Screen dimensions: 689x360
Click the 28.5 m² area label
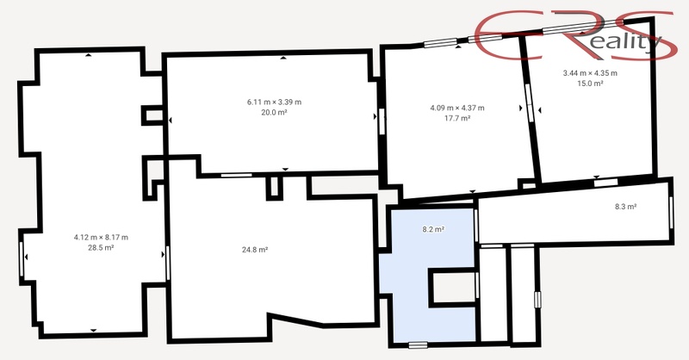tap(101, 248)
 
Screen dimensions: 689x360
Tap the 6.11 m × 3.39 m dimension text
tap(274, 102)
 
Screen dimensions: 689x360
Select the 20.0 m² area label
tap(274, 113)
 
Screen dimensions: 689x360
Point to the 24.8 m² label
tap(255, 250)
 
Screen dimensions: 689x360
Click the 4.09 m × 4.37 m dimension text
tap(457, 108)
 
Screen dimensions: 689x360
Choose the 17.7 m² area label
tap(457, 118)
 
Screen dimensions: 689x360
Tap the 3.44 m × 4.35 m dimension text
tap(590, 73)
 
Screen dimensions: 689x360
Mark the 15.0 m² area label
tap(590, 84)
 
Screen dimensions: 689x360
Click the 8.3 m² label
tap(626, 207)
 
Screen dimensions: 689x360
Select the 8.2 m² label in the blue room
tap(433, 229)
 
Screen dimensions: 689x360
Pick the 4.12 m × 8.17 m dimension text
tap(101, 238)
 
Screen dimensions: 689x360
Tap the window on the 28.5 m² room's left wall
tap(22, 259)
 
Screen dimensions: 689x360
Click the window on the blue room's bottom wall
tap(418, 345)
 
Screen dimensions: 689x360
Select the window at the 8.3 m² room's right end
tap(671, 213)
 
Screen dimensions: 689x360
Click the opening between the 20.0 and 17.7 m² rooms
tap(382, 121)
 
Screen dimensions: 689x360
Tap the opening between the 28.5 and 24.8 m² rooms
tap(167, 264)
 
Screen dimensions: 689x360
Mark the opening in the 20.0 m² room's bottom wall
tap(236, 175)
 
